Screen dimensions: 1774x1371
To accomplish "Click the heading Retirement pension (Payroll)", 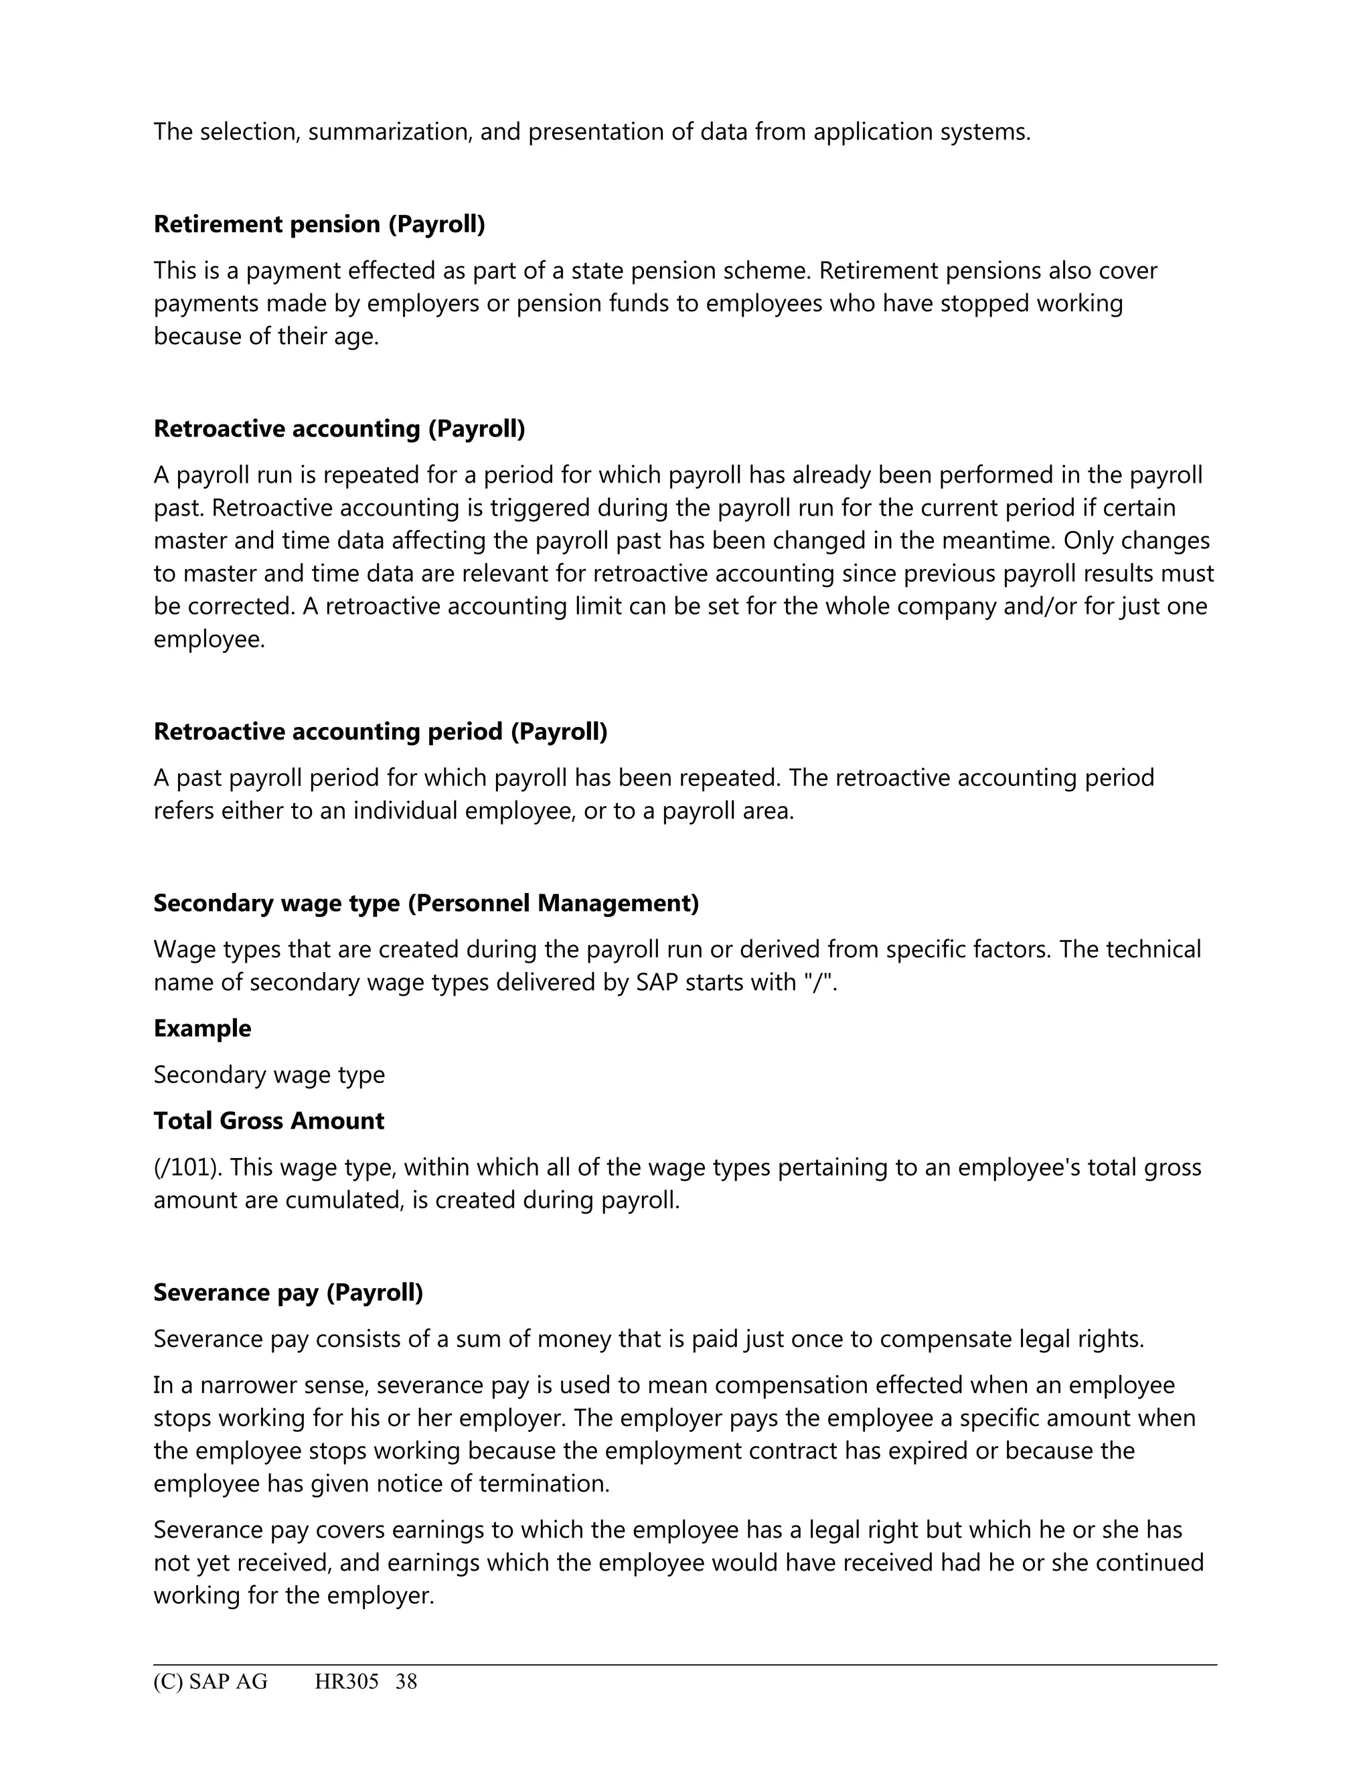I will click(319, 224).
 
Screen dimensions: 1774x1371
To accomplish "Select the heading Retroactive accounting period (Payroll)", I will click(380, 732).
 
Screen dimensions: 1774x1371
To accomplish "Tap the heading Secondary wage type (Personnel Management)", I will click(426, 903).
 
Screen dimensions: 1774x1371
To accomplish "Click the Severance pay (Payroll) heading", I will click(289, 1292).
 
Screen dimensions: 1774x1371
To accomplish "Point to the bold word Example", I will click(202, 1028).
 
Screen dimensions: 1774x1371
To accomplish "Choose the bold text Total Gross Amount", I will click(269, 1121).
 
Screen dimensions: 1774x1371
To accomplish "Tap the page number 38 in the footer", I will click(406, 1682).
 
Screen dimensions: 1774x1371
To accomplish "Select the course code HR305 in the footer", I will click(347, 1682).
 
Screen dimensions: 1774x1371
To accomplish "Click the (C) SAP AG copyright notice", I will click(210, 1682).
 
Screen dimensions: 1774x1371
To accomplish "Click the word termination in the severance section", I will click(544, 1484).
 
